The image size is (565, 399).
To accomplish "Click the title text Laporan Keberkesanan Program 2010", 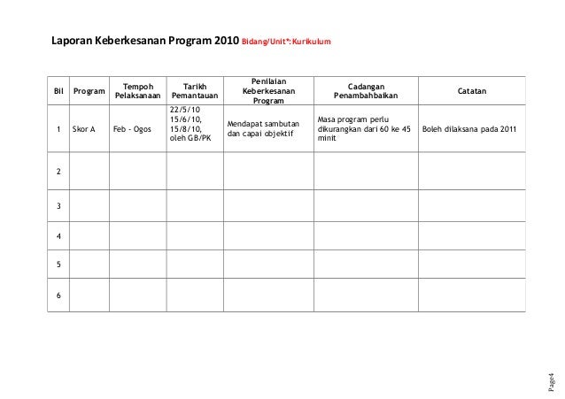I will click(x=144, y=41).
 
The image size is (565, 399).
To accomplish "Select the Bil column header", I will click(x=58, y=90).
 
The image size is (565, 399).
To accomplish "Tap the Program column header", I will click(x=88, y=90).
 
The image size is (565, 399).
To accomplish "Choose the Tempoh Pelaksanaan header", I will click(x=136, y=90).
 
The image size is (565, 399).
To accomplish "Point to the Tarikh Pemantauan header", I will click(x=195, y=90).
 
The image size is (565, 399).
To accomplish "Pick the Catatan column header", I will click(x=470, y=90).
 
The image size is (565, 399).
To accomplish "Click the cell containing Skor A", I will click(x=84, y=129).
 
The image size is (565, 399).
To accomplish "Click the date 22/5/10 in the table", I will click(x=185, y=110).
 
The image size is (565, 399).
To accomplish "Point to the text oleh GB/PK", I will click(x=190, y=139).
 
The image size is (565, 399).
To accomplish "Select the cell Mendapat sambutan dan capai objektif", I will click(x=264, y=129).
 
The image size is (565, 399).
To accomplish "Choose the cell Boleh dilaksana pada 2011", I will click(x=469, y=129).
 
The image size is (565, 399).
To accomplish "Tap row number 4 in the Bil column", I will click(x=58, y=237).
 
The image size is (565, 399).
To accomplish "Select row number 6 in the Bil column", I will click(x=58, y=295).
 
